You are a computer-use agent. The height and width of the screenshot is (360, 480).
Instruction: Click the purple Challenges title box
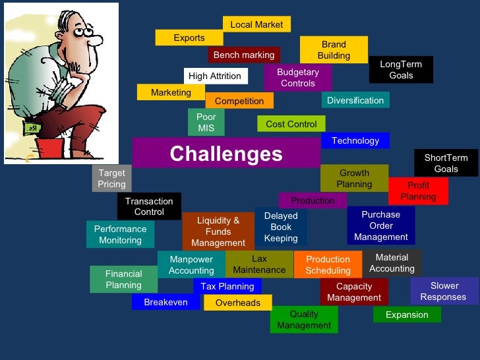tap(226, 154)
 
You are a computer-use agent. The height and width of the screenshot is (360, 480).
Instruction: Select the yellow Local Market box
tap(256, 24)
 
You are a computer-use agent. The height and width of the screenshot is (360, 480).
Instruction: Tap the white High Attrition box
tap(215, 76)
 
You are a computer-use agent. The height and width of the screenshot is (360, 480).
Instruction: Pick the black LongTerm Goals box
tap(401, 69)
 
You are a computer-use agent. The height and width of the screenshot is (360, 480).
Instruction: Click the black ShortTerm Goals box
tap(446, 163)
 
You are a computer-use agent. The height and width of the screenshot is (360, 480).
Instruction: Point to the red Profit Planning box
tap(418, 191)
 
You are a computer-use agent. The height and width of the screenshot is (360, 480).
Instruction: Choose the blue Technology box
tap(355, 140)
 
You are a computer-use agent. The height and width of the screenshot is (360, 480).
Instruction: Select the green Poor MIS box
tap(206, 123)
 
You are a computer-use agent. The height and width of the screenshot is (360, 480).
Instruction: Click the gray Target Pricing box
tap(111, 179)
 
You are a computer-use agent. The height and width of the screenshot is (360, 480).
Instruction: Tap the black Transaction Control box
tap(149, 206)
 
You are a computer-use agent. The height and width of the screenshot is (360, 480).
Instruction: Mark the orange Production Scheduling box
tap(328, 265)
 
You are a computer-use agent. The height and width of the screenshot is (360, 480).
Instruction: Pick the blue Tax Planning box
tap(227, 286)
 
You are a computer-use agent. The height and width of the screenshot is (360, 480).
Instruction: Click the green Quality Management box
tap(304, 320)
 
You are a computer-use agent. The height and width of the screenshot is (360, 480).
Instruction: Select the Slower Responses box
tap(444, 291)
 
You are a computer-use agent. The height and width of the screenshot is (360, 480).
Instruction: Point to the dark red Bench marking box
tap(244, 55)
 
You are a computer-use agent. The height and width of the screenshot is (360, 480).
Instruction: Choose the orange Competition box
tap(239, 101)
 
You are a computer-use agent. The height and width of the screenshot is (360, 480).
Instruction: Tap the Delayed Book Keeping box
tap(281, 227)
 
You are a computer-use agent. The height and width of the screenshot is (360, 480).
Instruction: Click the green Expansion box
tap(407, 315)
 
